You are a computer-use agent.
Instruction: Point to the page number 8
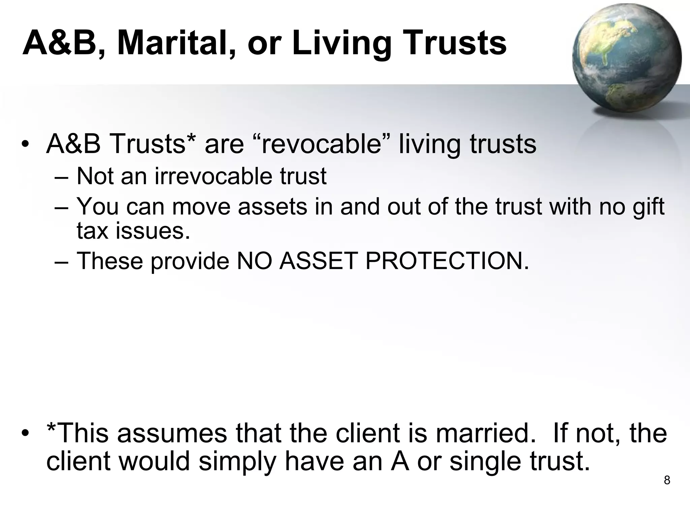667,480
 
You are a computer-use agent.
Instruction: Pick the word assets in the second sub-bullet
273,206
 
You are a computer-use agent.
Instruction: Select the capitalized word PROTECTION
447,261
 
